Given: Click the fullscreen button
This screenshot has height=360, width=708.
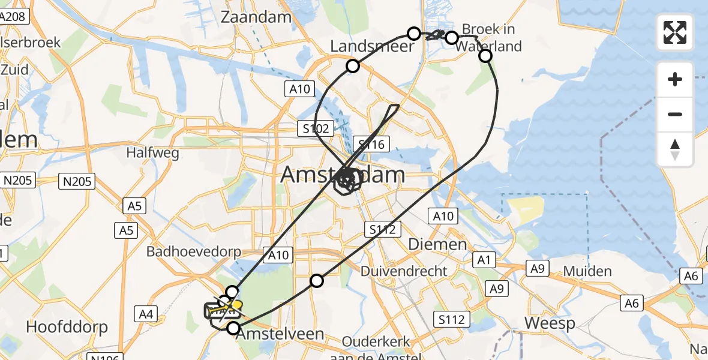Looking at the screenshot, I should [x=675, y=32].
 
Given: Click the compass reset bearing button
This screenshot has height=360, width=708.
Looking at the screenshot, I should [x=675, y=149].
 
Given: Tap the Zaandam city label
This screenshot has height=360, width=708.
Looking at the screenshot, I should [x=256, y=17].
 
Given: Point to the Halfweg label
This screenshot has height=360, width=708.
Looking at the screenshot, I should [x=152, y=152].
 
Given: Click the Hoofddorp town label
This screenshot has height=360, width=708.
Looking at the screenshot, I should [x=67, y=327].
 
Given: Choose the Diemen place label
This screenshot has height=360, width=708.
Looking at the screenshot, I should [x=437, y=244].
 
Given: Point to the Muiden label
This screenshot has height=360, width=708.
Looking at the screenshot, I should [x=587, y=271].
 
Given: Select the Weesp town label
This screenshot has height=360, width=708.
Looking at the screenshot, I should [x=550, y=323].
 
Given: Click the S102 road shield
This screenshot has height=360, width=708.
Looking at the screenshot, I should [x=314, y=128].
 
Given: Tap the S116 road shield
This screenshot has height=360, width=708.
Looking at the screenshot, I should [x=372, y=144].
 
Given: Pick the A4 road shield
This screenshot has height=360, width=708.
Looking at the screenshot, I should [x=146, y=313].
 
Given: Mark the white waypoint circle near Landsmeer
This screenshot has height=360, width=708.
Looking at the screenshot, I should [x=353, y=66].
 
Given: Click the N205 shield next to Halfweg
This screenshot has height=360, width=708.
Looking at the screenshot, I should [x=77, y=181].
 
